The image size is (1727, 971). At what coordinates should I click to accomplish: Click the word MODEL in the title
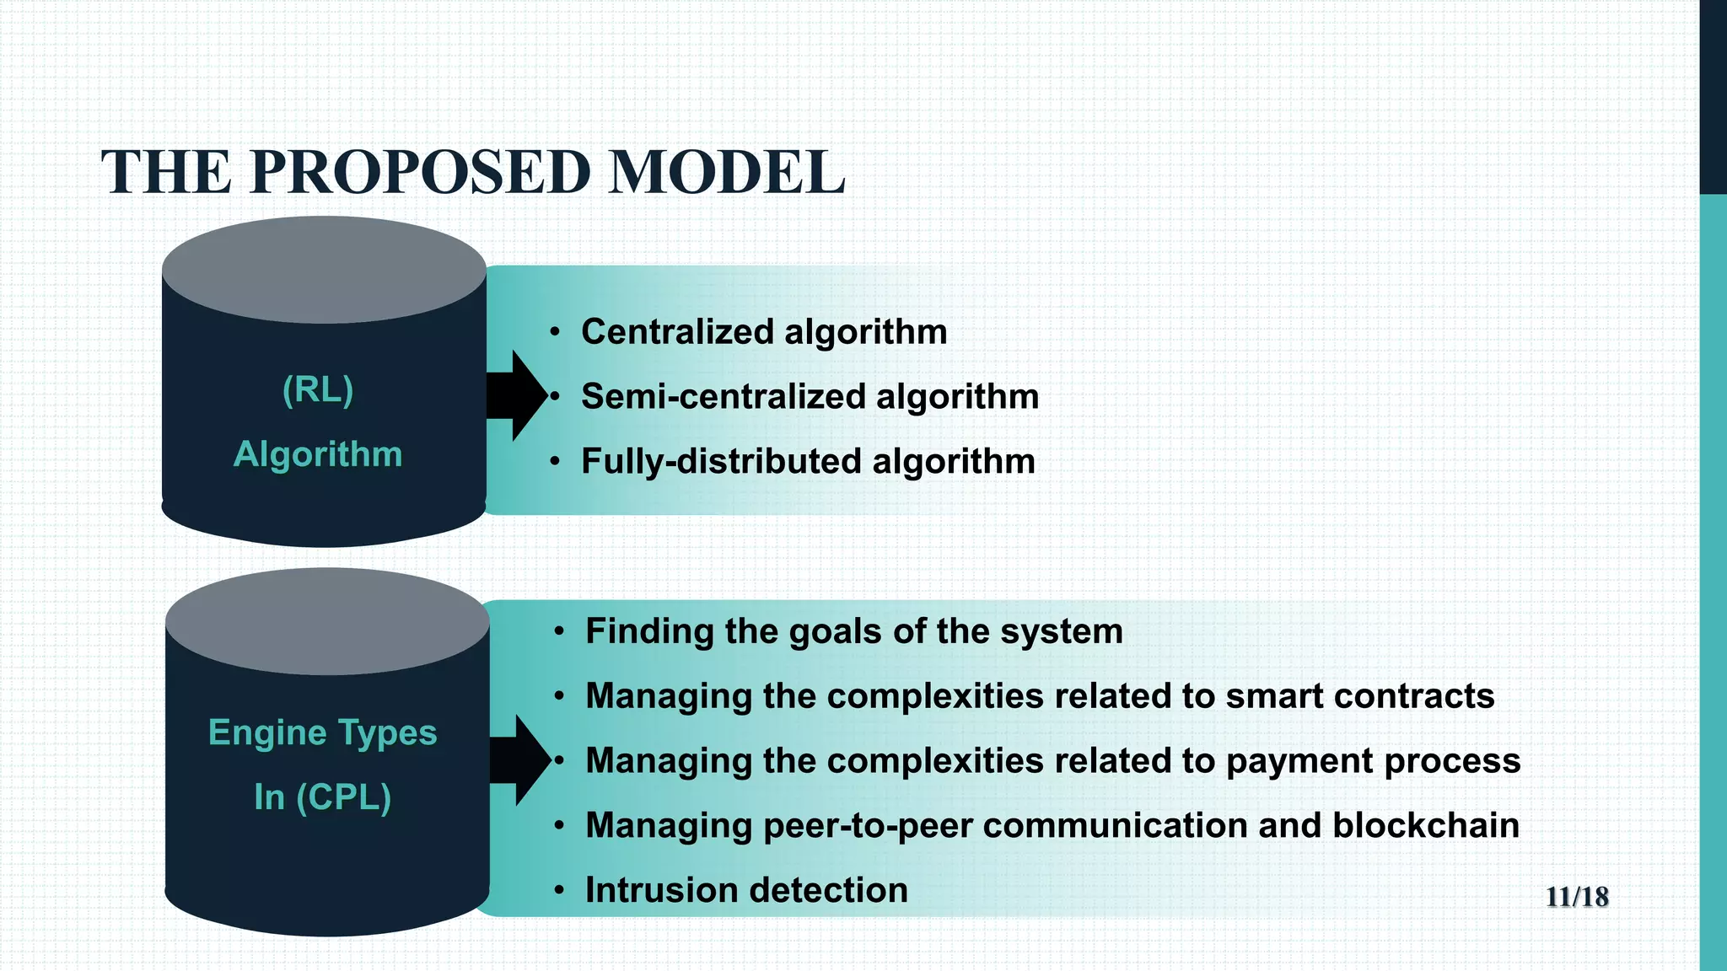tap(726, 173)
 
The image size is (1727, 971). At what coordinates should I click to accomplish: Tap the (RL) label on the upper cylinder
tap(318, 390)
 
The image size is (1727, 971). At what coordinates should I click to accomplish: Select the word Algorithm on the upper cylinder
tap(318, 454)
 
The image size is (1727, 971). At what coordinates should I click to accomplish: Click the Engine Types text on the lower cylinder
tap(322, 732)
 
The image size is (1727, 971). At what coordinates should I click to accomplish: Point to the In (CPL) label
tap(322, 797)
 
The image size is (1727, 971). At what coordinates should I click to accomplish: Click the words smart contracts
tap(1359, 696)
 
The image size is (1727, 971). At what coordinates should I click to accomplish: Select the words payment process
tap(1373, 761)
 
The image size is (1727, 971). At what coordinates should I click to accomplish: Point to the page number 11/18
tap(1576, 897)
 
